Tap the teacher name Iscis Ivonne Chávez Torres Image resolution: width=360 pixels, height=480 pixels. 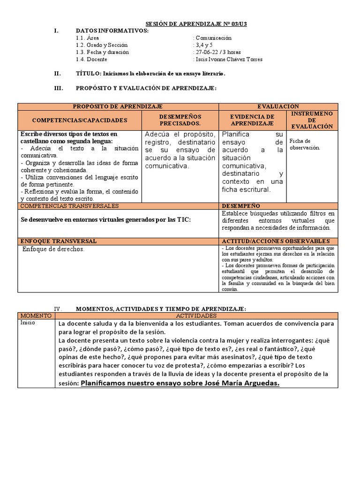coord(228,59)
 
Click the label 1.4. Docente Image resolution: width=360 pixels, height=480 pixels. coord(91,59)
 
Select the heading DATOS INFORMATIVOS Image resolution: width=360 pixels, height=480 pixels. coord(112,31)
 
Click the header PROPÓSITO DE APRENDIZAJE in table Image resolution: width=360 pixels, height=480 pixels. coord(118,107)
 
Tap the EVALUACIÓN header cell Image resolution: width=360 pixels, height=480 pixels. coord(278,107)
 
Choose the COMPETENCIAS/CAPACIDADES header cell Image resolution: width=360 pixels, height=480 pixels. coord(79,120)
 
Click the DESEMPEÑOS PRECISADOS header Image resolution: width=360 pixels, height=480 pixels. coord(180,120)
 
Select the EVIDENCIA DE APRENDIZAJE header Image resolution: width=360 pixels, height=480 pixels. coord(252,120)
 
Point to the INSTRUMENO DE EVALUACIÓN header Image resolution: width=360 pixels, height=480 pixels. coord(312,120)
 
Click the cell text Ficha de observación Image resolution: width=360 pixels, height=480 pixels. coord(305,144)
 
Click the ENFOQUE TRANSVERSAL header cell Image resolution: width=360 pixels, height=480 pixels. coord(58,241)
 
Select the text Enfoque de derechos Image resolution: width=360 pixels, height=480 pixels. coord(53,249)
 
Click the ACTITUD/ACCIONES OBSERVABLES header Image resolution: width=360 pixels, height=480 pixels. coord(278,241)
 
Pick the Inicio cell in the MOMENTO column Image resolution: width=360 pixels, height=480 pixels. coord(28,323)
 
